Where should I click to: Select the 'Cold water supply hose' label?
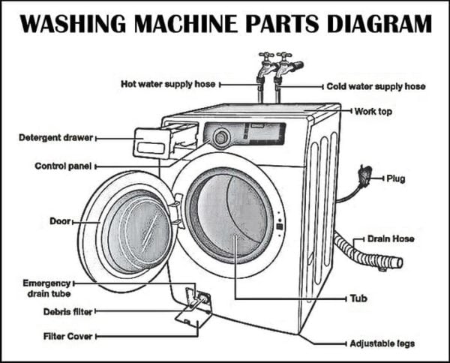pos(376,86)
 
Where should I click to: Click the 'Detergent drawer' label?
pos(55,138)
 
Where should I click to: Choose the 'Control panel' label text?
pos(62,165)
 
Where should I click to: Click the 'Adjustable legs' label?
pos(382,343)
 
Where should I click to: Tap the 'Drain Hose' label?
pos(390,238)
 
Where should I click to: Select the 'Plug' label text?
pos(396,178)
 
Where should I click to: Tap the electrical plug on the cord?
pos(365,175)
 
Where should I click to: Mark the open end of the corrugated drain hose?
pos(397,262)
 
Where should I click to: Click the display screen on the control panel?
pos(266,133)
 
